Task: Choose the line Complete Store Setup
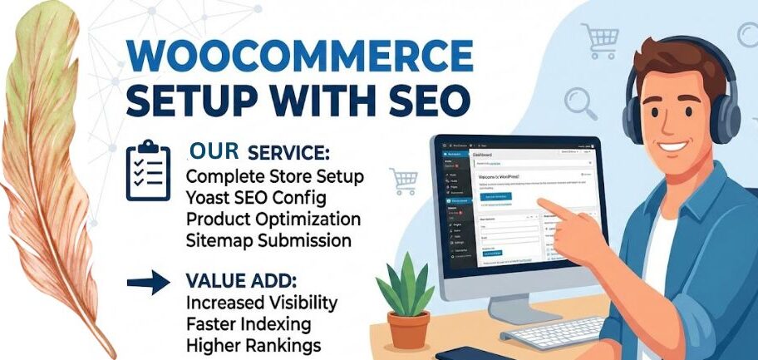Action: click(274, 177)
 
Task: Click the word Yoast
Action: click(211, 199)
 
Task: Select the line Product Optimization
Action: click(273, 219)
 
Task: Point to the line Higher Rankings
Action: click(253, 343)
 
